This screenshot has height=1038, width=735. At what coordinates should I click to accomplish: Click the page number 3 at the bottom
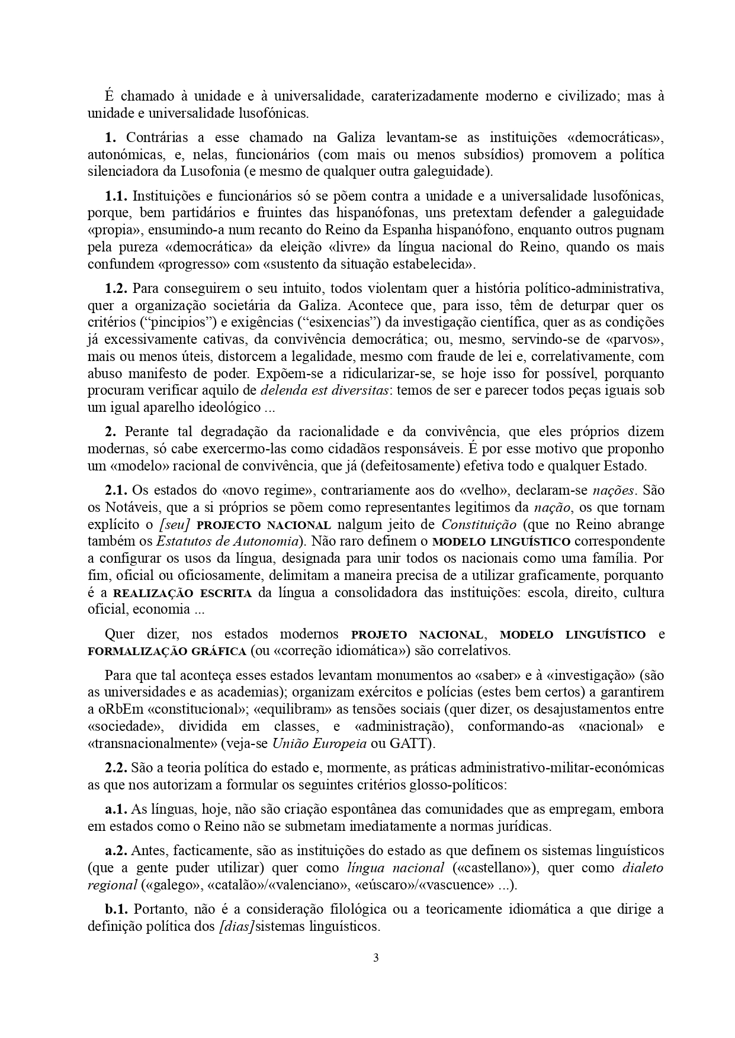tap(375, 958)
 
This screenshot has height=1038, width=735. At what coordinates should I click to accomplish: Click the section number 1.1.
tap(116, 195)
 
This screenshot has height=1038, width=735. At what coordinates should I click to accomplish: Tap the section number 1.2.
tap(116, 289)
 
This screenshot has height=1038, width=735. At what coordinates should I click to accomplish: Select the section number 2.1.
tap(116, 490)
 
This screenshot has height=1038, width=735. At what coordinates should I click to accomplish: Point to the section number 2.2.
tap(116, 768)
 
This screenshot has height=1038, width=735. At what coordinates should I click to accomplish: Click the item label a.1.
tap(115, 809)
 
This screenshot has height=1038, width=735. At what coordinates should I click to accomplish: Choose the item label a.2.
tap(115, 851)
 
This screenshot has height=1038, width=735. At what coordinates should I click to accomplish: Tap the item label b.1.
tap(116, 909)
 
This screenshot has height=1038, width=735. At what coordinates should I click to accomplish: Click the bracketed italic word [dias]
tap(236, 926)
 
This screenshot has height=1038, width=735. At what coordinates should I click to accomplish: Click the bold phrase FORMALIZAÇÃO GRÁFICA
tap(166, 652)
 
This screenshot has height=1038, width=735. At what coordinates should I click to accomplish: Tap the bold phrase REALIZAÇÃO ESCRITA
tap(182, 593)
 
